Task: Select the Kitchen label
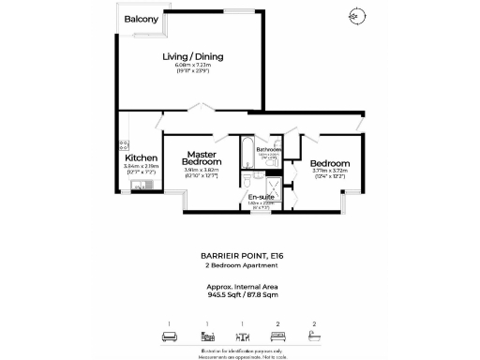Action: pos(141,158)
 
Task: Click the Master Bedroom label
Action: pos(202,158)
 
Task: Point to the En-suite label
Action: pos(262,196)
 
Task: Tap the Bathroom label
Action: pos(271,149)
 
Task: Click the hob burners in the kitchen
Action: pos(124,145)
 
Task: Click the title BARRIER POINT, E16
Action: pos(239,255)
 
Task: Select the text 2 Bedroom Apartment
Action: pos(239,266)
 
